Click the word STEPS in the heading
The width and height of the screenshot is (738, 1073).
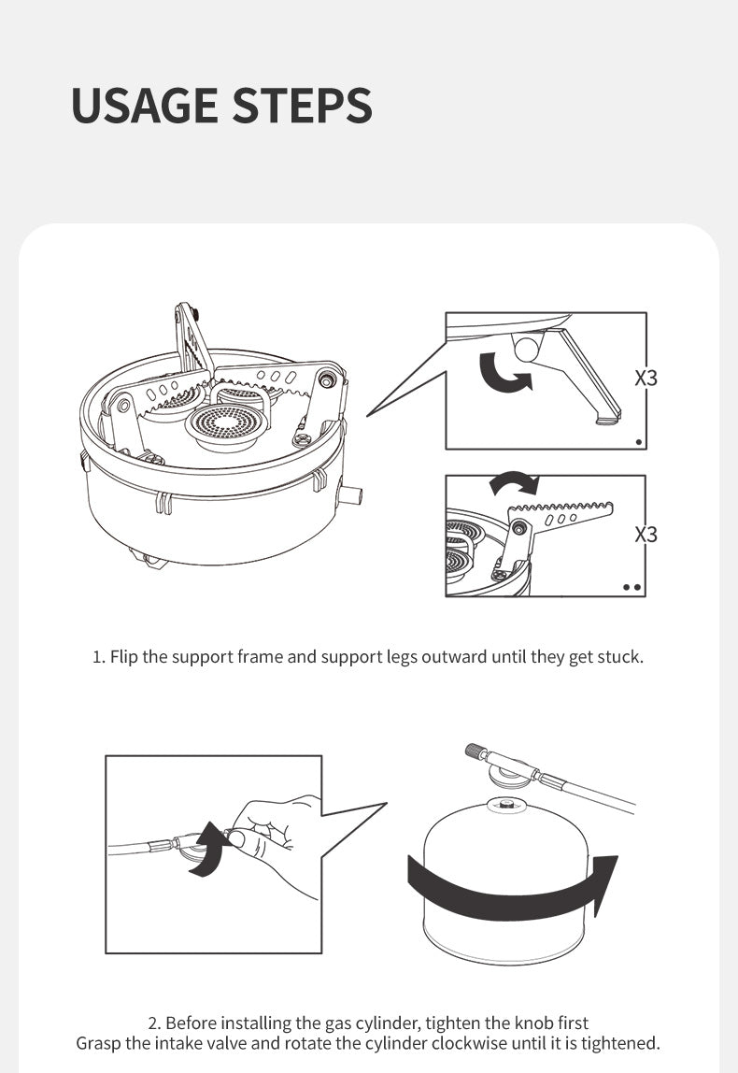pyautogui.click(x=303, y=106)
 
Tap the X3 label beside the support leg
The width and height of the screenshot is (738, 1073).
pyautogui.click(x=646, y=378)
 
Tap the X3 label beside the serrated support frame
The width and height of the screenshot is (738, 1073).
pyautogui.click(x=646, y=534)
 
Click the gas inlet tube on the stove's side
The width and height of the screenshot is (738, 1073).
pyautogui.click(x=349, y=494)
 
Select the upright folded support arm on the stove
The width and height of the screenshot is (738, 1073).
pyautogui.click(x=192, y=337)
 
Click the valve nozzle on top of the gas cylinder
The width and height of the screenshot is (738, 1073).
pyautogui.click(x=507, y=805)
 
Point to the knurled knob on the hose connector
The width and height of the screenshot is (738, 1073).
pyautogui.click(x=475, y=751)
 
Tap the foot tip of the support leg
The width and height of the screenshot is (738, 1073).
pyautogui.click(x=608, y=418)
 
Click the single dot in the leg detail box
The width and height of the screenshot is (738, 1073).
pyautogui.click(x=639, y=442)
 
